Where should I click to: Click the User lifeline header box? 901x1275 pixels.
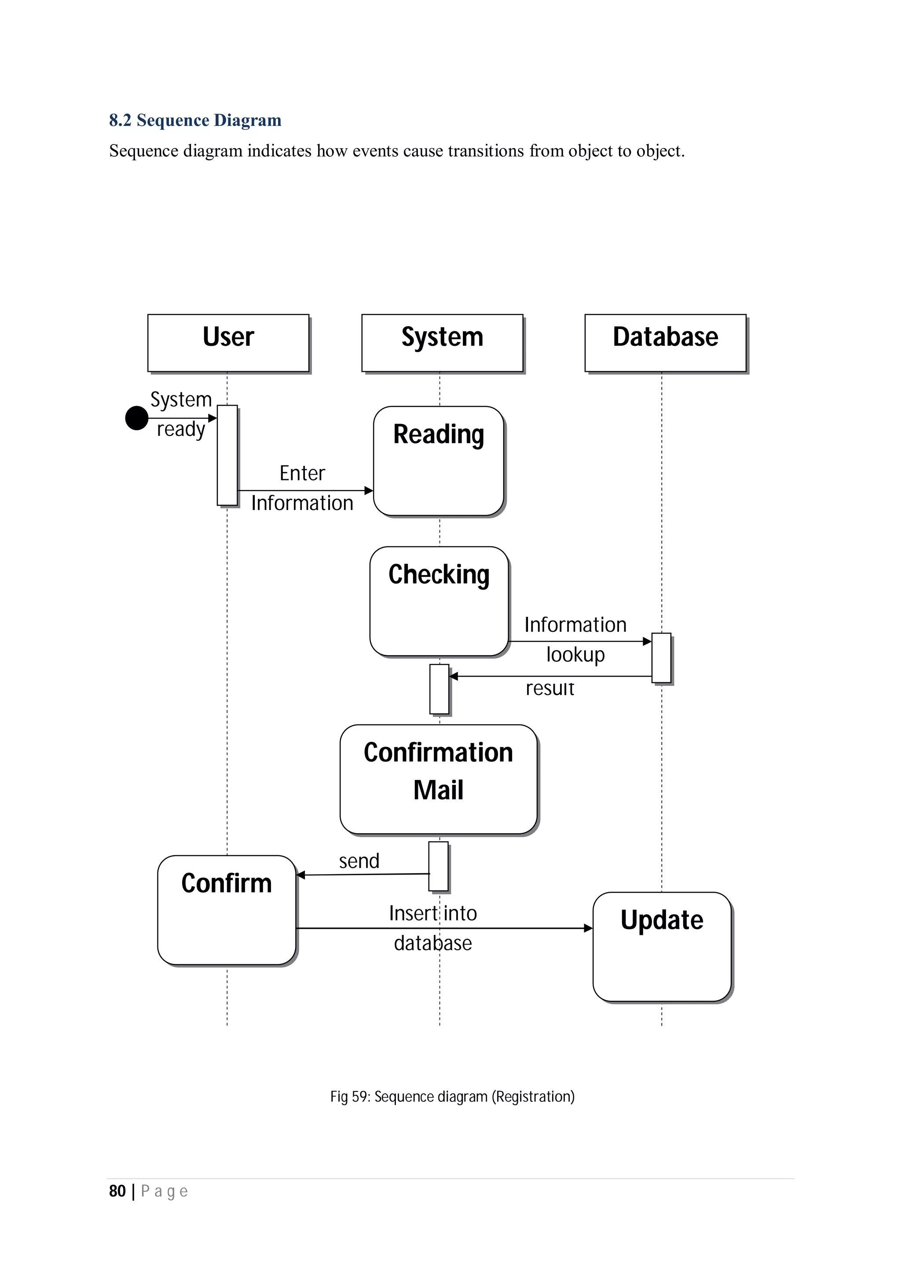tap(228, 343)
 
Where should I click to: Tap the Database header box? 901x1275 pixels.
tap(665, 343)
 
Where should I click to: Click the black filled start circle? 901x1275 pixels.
tap(136, 418)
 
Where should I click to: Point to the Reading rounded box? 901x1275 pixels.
tap(439, 461)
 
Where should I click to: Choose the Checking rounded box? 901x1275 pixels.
tap(439, 601)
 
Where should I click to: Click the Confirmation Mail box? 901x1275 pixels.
tap(439, 779)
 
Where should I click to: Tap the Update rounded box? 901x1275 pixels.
tap(662, 947)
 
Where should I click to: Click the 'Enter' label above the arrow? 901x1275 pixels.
tap(302, 473)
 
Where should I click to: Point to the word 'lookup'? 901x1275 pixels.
tap(575, 654)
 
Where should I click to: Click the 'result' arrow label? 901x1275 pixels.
tap(549, 689)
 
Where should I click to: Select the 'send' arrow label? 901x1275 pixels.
tap(359, 861)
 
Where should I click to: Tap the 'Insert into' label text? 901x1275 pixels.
tap(433, 913)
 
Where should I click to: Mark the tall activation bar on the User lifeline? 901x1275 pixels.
tap(227, 455)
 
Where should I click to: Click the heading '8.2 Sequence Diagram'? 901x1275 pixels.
tap(195, 120)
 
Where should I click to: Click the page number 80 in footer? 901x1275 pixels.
tap(117, 1191)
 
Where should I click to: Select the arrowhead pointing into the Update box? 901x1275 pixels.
tap(589, 928)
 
